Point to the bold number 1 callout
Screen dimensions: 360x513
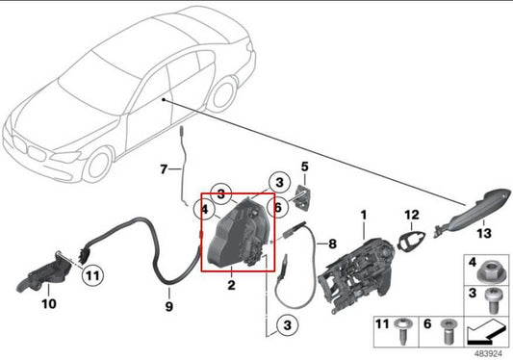[x=364, y=213]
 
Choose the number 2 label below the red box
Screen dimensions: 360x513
[x=231, y=286]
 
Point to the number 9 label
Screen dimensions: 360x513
[x=168, y=307]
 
